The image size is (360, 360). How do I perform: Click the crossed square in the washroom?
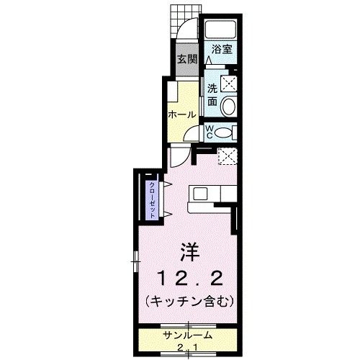(230, 84)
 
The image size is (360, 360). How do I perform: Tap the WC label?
(209, 131)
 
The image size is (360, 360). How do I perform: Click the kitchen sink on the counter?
(199, 193)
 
